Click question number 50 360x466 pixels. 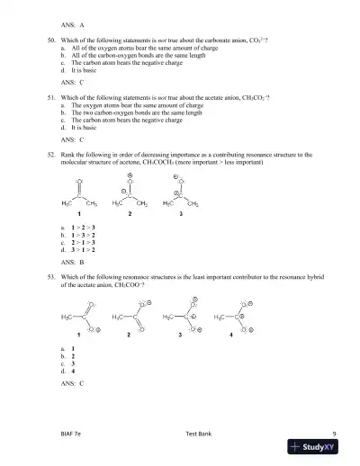tap(50, 41)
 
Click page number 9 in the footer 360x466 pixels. tap(333, 433)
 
